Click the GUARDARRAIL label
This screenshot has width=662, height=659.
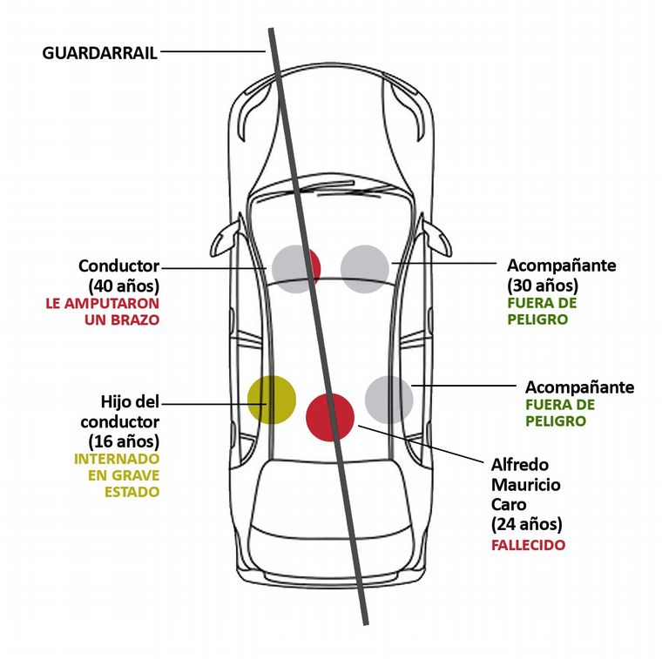click(100, 52)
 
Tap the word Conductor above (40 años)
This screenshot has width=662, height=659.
click(119, 266)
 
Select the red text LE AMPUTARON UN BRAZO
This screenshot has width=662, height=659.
click(103, 312)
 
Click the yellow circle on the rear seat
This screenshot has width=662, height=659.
click(272, 399)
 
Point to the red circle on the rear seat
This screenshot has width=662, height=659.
click(330, 414)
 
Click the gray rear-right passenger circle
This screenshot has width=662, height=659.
click(388, 400)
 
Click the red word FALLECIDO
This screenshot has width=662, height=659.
click(528, 545)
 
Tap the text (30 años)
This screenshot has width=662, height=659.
click(543, 285)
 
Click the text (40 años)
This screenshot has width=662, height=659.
click(124, 285)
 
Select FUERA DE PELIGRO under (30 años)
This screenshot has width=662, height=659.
click(541, 311)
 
